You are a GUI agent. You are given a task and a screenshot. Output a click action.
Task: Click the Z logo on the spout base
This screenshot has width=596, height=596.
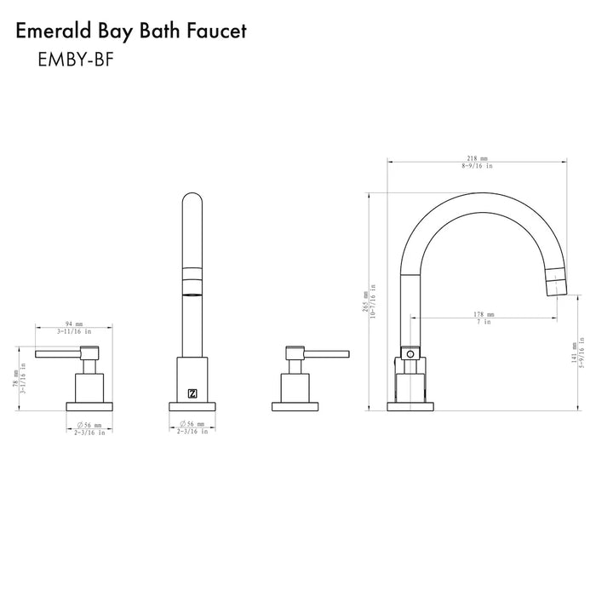191,393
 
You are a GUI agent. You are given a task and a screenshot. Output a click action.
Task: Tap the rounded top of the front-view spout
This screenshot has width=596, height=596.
192,202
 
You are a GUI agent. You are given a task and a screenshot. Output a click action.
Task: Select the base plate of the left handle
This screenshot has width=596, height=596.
89,404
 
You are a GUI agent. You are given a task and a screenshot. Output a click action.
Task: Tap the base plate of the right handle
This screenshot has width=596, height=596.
294,404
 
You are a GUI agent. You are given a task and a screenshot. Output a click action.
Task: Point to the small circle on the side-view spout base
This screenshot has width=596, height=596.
410,352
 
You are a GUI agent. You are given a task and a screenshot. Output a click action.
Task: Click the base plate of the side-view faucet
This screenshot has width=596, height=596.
410,404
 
